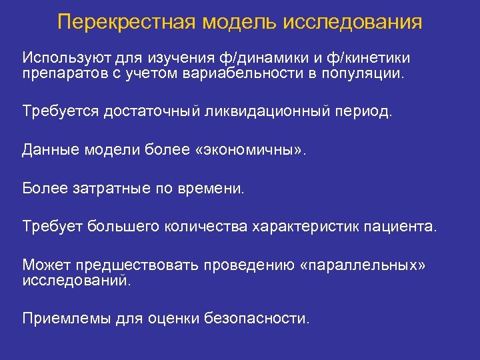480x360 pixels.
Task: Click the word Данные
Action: point(51,149)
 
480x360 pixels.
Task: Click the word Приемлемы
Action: point(63,319)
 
